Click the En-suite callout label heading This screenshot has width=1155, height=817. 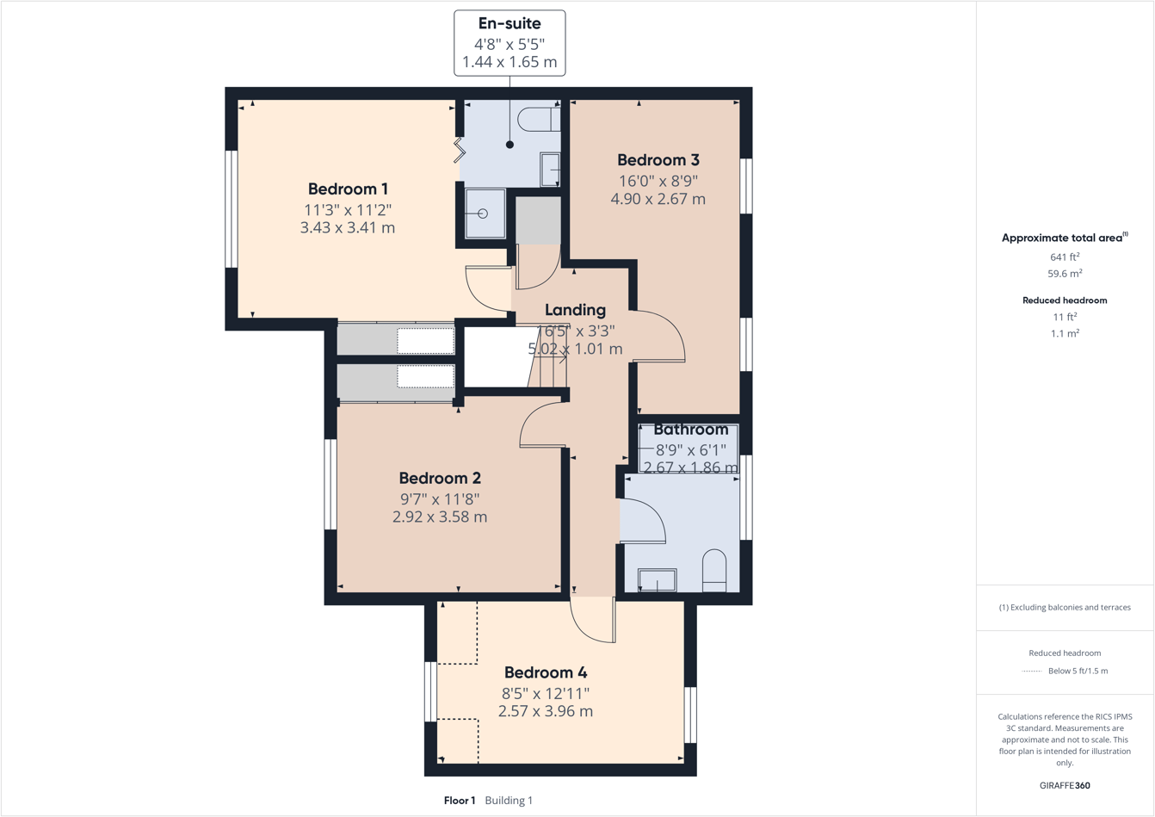pyautogui.click(x=510, y=24)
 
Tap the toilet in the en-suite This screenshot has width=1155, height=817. pyautogui.click(x=538, y=119)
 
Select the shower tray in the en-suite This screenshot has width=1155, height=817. pyautogui.click(x=485, y=214)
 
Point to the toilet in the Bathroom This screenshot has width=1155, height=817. pyautogui.click(x=714, y=572)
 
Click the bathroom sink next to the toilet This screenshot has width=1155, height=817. pyautogui.click(x=657, y=581)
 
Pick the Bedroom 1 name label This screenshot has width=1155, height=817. pyautogui.click(x=348, y=189)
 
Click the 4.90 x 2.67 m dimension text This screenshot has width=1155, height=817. pyautogui.click(x=658, y=199)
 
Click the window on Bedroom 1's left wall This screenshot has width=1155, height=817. pyautogui.click(x=231, y=209)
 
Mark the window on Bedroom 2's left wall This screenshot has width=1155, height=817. pyautogui.click(x=330, y=485)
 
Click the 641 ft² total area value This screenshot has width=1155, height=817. pyautogui.click(x=1065, y=257)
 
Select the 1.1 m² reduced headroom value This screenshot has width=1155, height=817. pyautogui.click(x=1065, y=333)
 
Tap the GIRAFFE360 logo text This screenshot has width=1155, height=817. pyautogui.click(x=1065, y=785)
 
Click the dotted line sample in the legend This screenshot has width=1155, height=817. pyautogui.click(x=1031, y=672)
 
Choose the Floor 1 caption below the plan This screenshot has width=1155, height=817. pyautogui.click(x=460, y=801)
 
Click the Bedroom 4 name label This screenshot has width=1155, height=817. pyautogui.click(x=545, y=672)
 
